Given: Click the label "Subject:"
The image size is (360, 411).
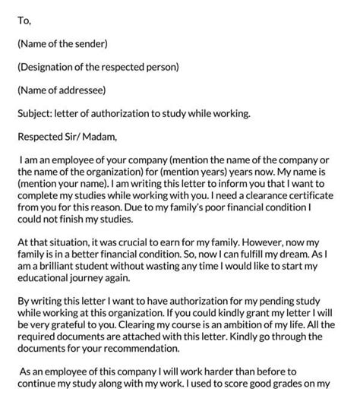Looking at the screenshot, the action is point(36,114).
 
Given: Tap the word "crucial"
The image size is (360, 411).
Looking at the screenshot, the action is point(125,240).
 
